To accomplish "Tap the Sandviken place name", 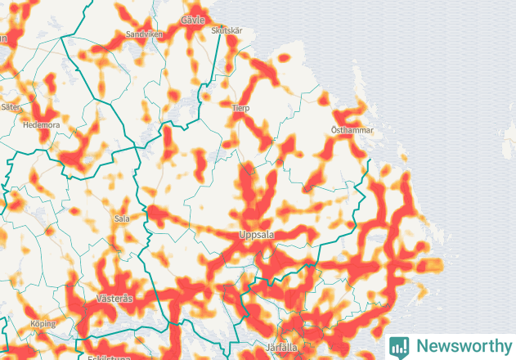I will tap(145, 34).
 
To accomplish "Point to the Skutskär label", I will tap(227, 30).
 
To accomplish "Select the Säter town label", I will tap(11, 106).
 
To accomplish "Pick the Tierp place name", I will tap(240, 108).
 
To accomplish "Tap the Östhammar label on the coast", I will tap(352, 130).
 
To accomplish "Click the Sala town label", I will tap(122, 218).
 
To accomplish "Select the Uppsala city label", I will tap(256, 235).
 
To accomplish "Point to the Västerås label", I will tap(114, 299).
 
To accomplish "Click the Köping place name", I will tap(43, 324).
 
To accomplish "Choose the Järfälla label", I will tap(282, 347).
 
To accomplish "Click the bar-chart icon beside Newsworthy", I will tap(399, 346).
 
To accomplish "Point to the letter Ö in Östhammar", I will tap(334, 130).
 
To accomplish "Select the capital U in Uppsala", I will tap(241, 235).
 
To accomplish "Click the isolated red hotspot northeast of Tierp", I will tap(284, 58).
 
